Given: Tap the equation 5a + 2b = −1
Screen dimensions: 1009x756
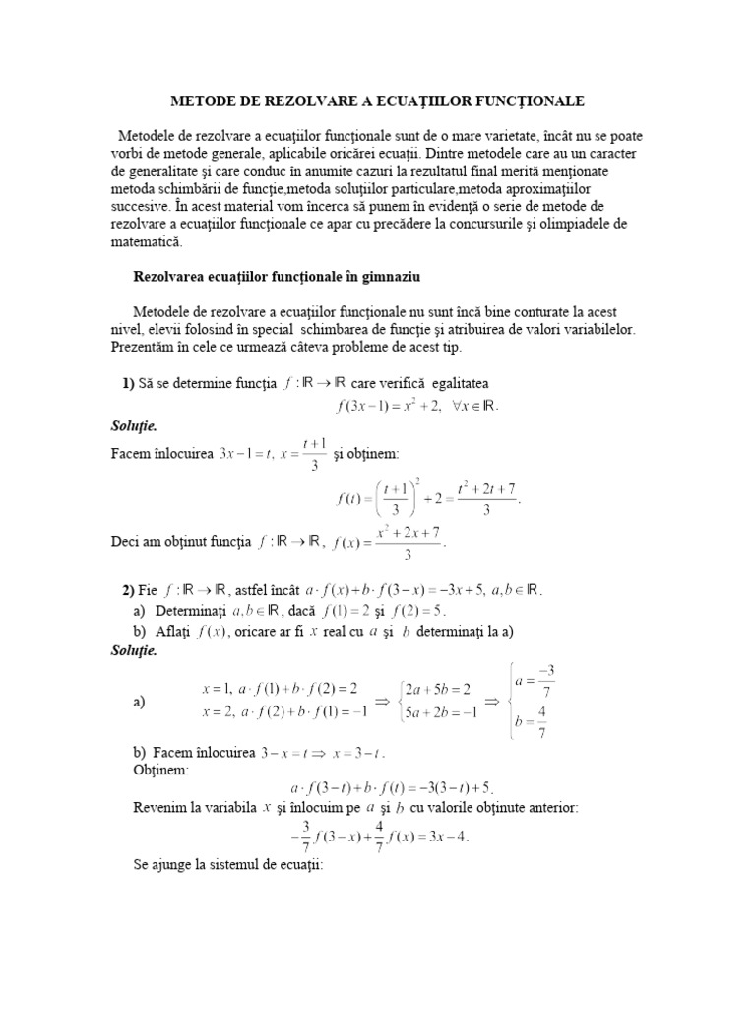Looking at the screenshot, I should [440, 709].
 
